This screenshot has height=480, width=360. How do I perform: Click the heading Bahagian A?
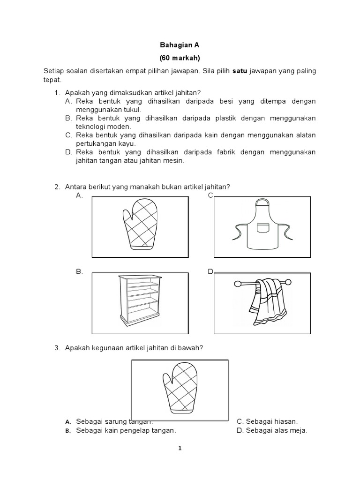click(180, 46)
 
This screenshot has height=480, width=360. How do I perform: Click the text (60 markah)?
click(180, 58)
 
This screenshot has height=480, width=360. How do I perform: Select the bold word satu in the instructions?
click(240, 71)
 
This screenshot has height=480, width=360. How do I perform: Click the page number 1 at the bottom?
click(180, 448)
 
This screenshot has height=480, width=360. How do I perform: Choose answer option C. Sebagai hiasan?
click(267, 422)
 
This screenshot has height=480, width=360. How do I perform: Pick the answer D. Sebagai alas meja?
click(272, 431)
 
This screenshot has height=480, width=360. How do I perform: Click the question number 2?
click(57, 187)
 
